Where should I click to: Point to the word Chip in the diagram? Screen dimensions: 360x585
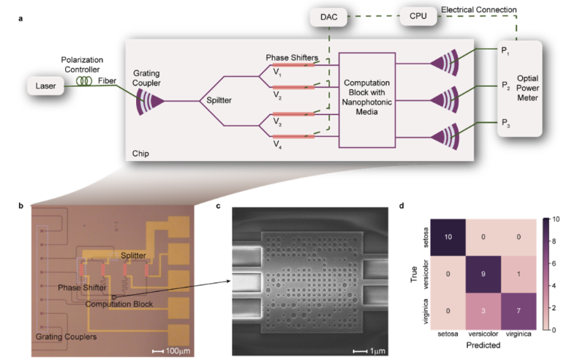tap(142, 154)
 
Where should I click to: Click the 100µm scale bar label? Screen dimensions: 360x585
tap(175, 342)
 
